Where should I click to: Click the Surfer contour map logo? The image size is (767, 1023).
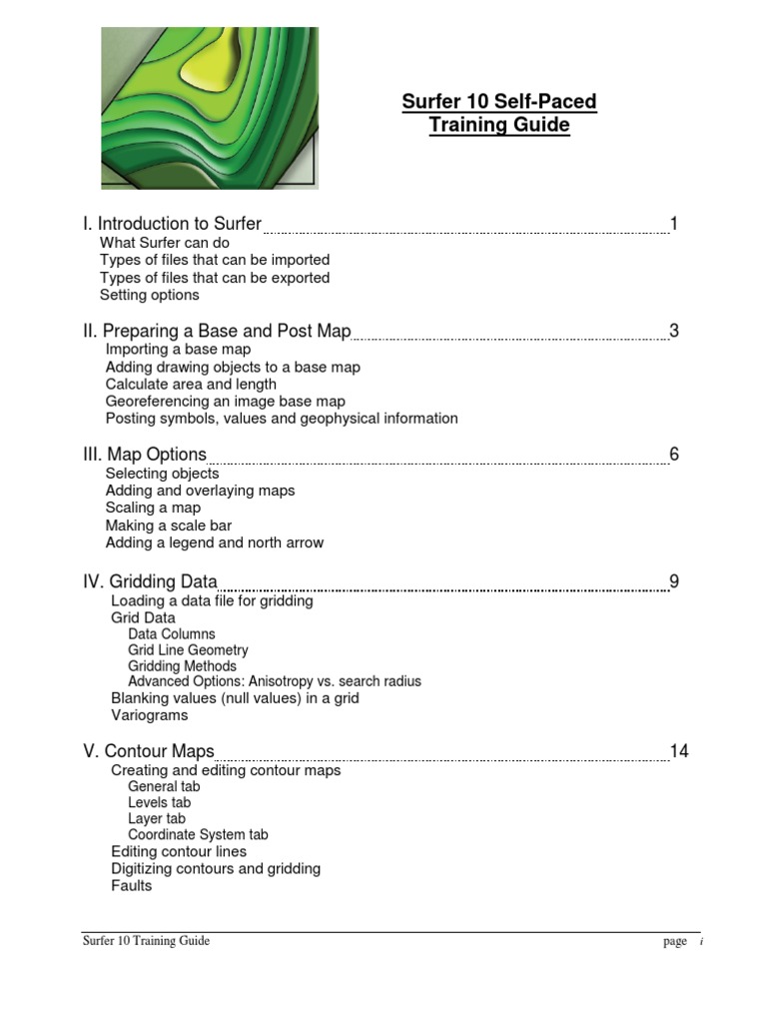210,108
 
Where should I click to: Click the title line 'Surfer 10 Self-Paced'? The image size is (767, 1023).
499,102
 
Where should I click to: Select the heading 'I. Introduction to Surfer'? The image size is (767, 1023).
172,224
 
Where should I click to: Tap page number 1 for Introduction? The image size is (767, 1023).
674,224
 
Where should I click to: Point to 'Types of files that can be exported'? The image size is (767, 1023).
215,278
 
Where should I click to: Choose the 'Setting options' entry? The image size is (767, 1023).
150,295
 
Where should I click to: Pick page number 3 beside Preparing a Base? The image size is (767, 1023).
674,332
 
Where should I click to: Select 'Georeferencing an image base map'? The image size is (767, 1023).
226,402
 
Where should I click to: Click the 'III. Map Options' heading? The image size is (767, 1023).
145,455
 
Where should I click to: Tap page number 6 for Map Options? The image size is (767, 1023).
674,455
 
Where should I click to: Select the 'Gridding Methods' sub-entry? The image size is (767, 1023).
183,666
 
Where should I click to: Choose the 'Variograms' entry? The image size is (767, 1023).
150,715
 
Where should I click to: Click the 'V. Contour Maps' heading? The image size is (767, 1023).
149,751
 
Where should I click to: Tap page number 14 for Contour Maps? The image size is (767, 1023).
679,751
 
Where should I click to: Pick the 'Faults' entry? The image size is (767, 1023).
132,886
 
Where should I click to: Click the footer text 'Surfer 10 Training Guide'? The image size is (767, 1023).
146,941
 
